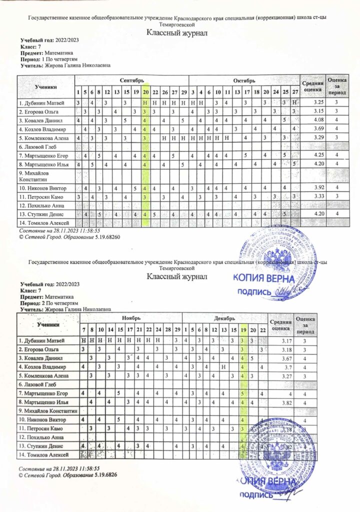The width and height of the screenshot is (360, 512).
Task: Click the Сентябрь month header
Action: pyautogui.click(x=131, y=80)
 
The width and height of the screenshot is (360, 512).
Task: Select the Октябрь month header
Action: pyautogui.click(x=244, y=80)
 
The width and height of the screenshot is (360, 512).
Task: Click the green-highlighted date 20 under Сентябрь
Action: pyautogui.click(x=145, y=92)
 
